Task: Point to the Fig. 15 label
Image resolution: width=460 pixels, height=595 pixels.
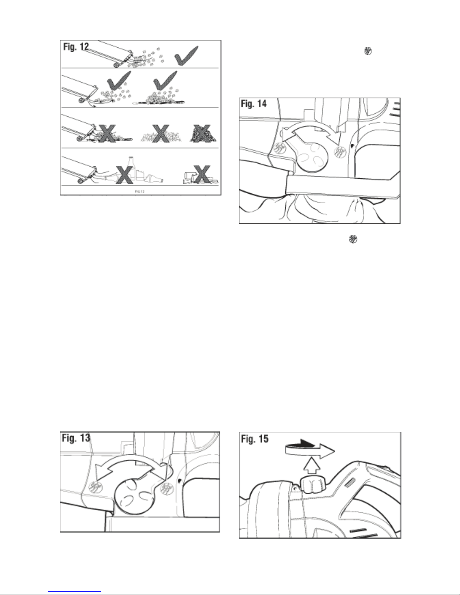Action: (x=255, y=438)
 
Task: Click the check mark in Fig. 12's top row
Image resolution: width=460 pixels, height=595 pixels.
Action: (x=188, y=54)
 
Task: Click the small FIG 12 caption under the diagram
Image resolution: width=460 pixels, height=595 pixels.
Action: (x=139, y=191)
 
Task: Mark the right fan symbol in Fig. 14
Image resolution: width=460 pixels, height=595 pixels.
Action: (x=339, y=151)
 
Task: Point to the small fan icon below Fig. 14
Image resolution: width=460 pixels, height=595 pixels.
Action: (x=353, y=239)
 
